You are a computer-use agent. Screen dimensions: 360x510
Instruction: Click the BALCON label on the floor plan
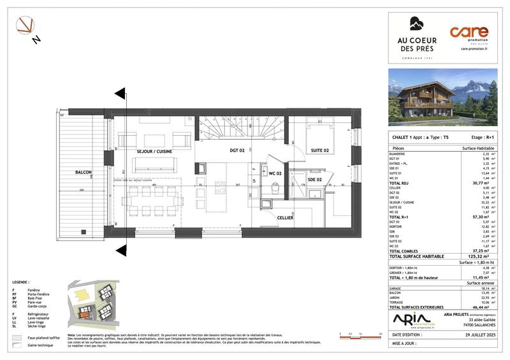[84, 173]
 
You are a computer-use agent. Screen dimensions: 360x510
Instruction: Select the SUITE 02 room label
[319, 151]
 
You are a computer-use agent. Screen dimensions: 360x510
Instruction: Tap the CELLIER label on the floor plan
[285, 217]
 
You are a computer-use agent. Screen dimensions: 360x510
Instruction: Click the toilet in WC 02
[273, 189]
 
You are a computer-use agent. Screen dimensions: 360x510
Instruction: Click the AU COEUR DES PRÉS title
[415, 47]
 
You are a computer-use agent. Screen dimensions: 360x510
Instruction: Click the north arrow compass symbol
[27, 28]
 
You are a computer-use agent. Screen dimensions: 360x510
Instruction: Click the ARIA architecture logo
[411, 319]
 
